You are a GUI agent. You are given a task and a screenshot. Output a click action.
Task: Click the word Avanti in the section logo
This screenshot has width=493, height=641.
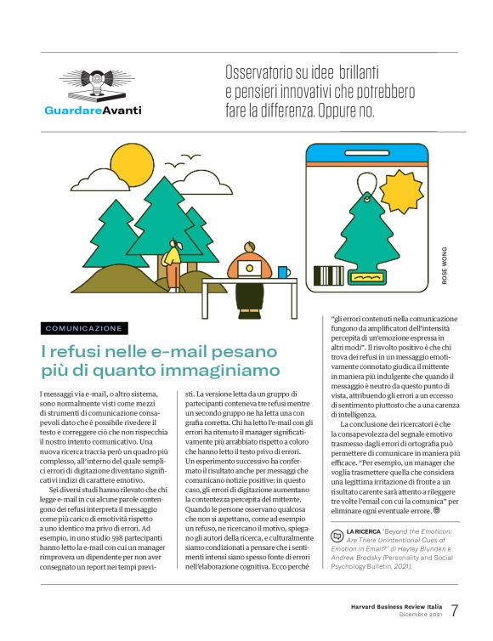pyautogui.click(x=122, y=111)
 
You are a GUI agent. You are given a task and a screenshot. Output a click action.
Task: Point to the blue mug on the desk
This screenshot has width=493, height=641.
pyautogui.click(x=283, y=272)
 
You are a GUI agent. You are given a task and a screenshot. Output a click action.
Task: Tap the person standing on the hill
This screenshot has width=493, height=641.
pyautogui.click(x=173, y=262)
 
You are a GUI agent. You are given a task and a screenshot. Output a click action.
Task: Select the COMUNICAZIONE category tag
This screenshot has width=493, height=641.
pyautogui.click(x=84, y=328)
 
